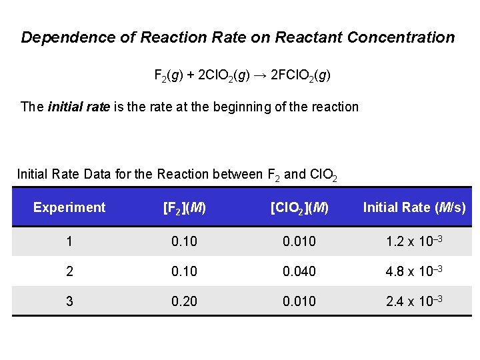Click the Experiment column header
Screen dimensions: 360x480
coord(69,207)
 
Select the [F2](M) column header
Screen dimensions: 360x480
coord(184,208)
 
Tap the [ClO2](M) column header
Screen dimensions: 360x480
coord(299,208)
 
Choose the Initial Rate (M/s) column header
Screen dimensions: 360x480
coord(414,208)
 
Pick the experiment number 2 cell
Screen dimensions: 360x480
coord(69,272)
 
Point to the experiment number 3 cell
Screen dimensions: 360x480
coord(69,301)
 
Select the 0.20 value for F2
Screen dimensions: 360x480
coord(184,301)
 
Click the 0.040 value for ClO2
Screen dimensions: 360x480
coord(299,272)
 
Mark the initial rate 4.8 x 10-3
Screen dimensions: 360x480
coord(414,272)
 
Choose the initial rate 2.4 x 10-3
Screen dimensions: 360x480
coord(414,301)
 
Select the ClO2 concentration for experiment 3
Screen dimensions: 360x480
coord(299,301)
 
